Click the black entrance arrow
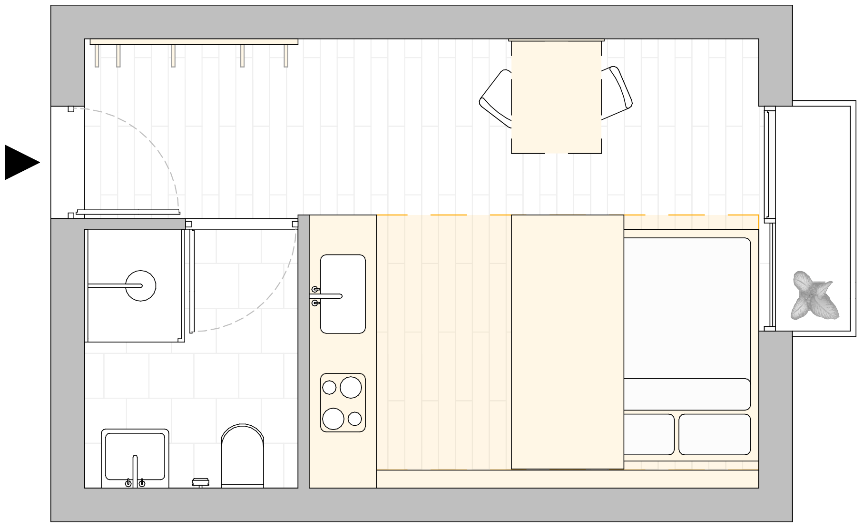click(x=20, y=162)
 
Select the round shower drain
click(x=141, y=285)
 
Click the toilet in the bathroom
click(x=242, y=457)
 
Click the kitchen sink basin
click(x=343, y=293)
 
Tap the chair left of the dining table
click(x=496, y=99)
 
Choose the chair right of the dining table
click(x=617, y=93)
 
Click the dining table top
click(x=556, y=97)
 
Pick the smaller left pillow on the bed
click(x=649, y=434)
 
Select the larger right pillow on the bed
click(x=715, y=434)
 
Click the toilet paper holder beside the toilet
click(x=200, y=482)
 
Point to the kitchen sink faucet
click(x=326, y=296)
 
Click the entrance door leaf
click(x=127, y=212)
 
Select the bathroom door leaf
click(x=192, y=281)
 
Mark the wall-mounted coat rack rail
click(x=194, y=42)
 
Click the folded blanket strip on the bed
click(x=687, y=394)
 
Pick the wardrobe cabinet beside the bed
click(x=567, y=342)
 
